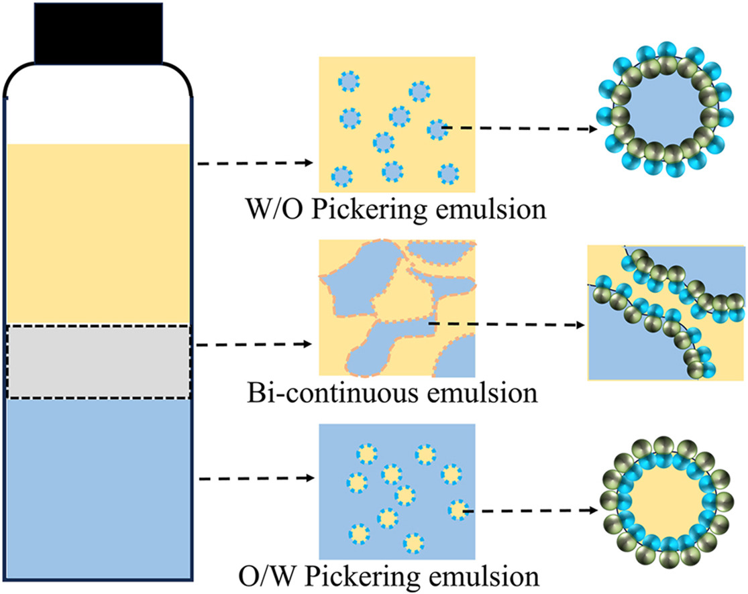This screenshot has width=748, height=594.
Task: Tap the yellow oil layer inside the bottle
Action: (x=99, y=235)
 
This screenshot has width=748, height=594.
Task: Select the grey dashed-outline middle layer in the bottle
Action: (x=99, y=362)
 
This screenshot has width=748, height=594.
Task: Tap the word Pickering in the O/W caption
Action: (x=366, y=576)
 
